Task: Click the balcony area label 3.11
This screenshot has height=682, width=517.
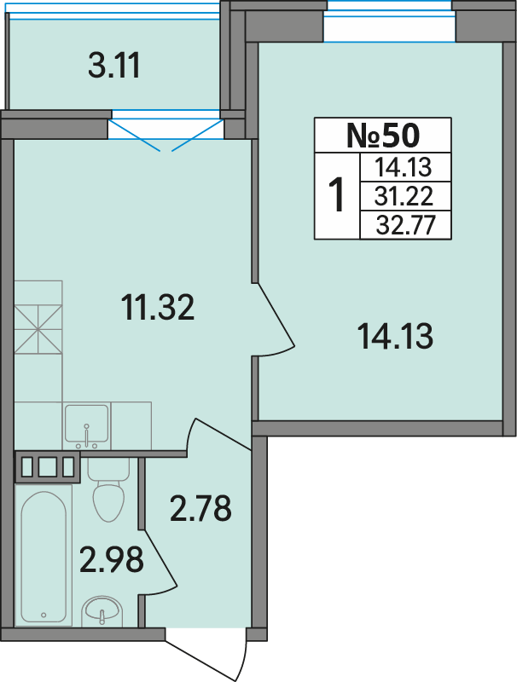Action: (x=114, y=66)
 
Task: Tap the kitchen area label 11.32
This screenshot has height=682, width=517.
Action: (x=158, y=307)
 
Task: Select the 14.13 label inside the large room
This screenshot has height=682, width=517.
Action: (x=395, y=337)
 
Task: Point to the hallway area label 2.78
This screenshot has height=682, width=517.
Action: (x=200, y=508)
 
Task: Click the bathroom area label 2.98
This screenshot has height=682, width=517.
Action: (x=112, y=559)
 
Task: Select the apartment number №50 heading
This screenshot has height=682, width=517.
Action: (x=383, y=136)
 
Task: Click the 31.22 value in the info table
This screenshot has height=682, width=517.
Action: (x=404, y=196)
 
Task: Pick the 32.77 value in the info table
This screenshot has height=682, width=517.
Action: (x=405, y=225)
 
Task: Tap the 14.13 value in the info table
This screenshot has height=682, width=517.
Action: (x=404, y=167)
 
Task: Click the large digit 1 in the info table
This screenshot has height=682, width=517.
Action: (x=336, y=195)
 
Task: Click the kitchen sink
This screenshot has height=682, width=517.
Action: (x=86, y=426)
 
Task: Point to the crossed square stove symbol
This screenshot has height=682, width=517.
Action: (x=38, y=329)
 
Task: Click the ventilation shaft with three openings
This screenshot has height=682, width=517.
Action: (x=48, y=467)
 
